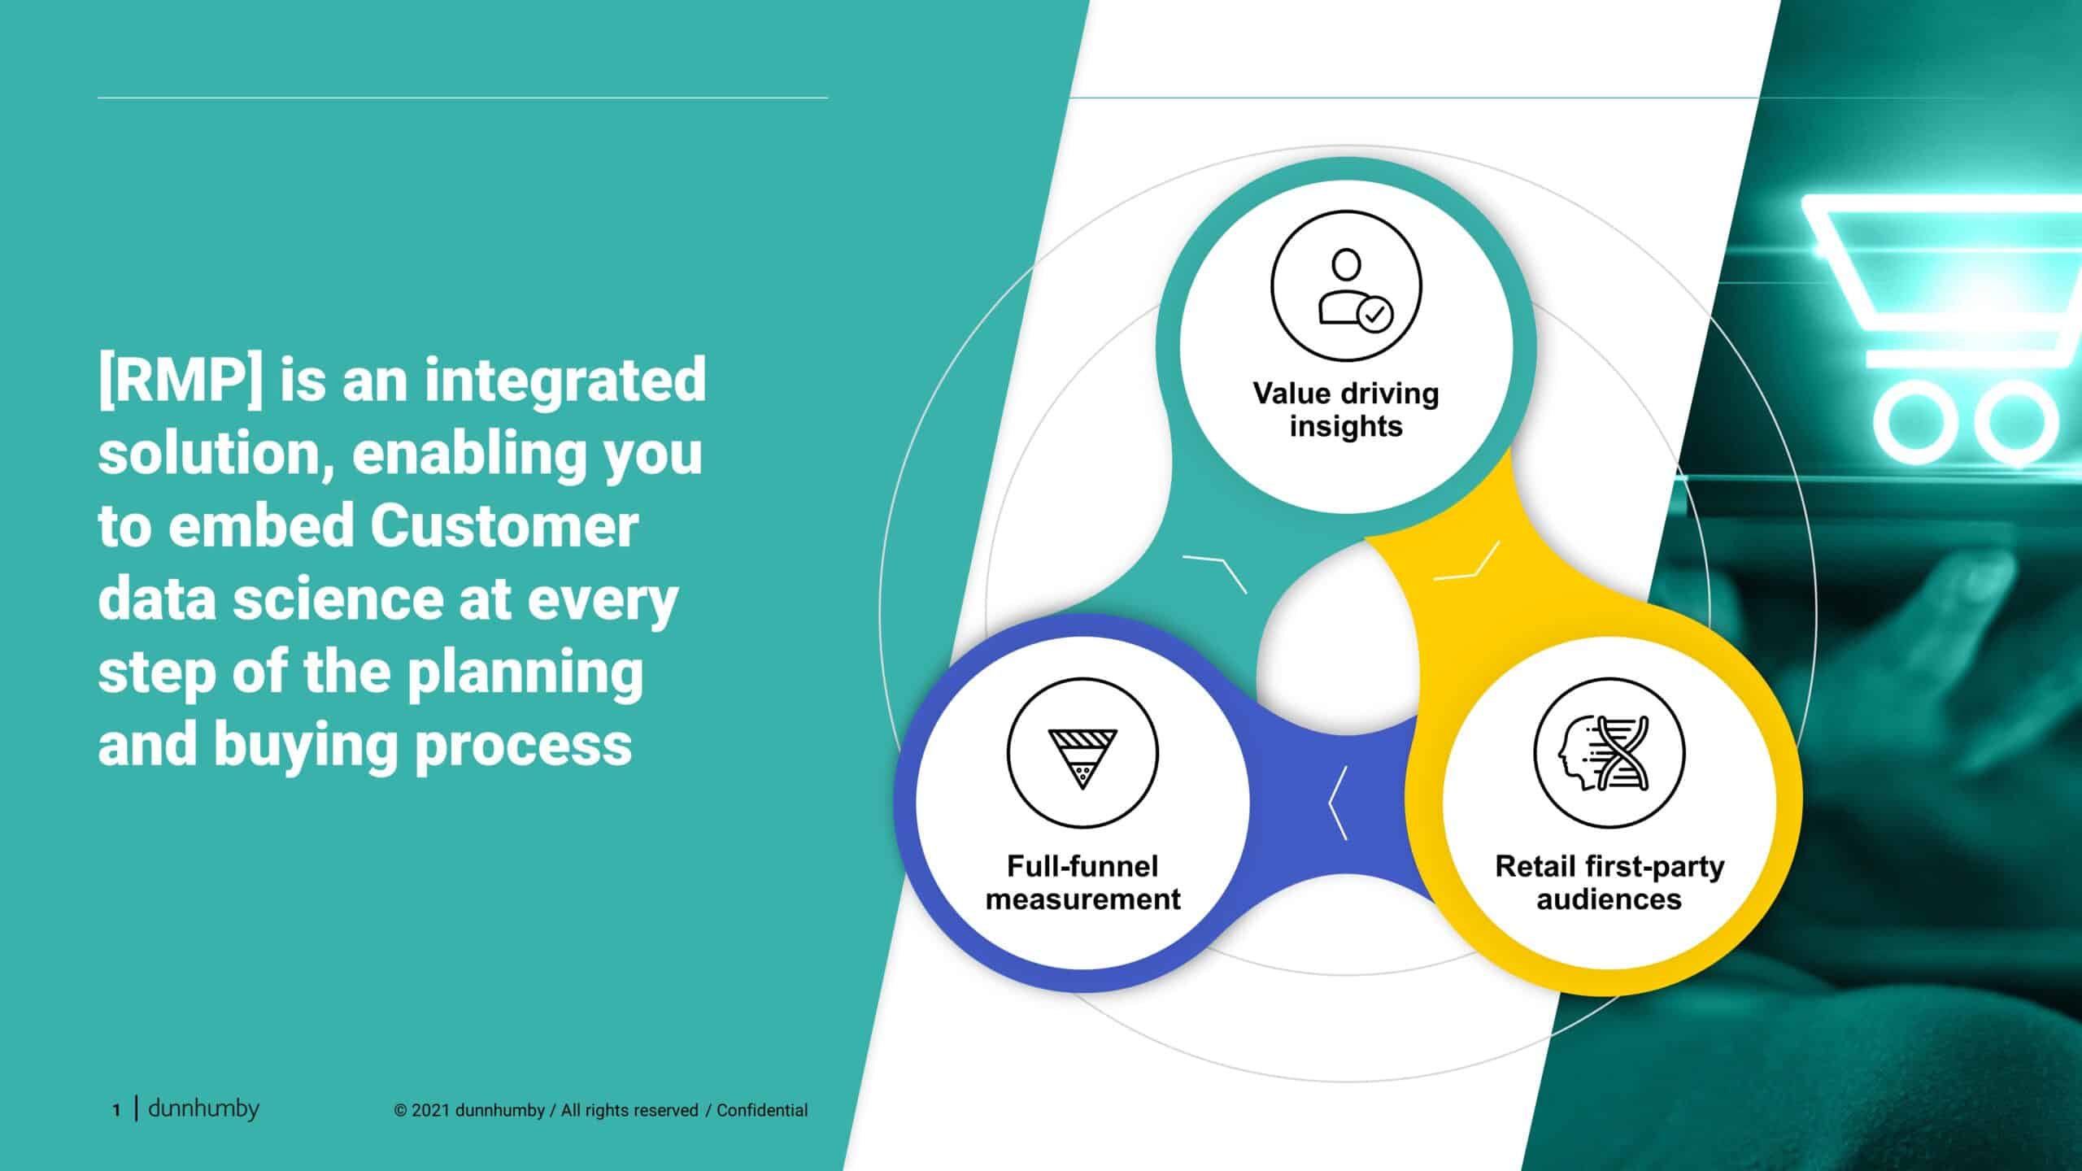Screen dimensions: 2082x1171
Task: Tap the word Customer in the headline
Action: click(x=504, y=526)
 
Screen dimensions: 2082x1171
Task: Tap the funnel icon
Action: click(x=1082, y=754)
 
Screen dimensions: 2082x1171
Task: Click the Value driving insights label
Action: click(x=1346, y=410)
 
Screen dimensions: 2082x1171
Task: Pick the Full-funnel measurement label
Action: click(x=1082, y=882)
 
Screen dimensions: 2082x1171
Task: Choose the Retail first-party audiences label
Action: click(x=1609, y=882)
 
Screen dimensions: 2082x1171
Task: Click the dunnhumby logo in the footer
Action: click(x=203, y=1108)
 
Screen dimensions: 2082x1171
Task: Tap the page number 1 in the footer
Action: click(x=116, y=1110)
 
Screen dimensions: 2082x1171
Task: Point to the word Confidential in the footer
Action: click(x=762, y=1110)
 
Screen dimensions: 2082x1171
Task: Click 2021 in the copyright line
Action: click(x=431, y=1110)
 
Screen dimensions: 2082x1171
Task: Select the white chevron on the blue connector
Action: click(x=1338, y=803)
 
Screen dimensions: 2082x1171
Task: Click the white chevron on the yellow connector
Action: click(x=1466, y=562)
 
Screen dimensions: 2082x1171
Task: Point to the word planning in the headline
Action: click(x=525, y=674)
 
